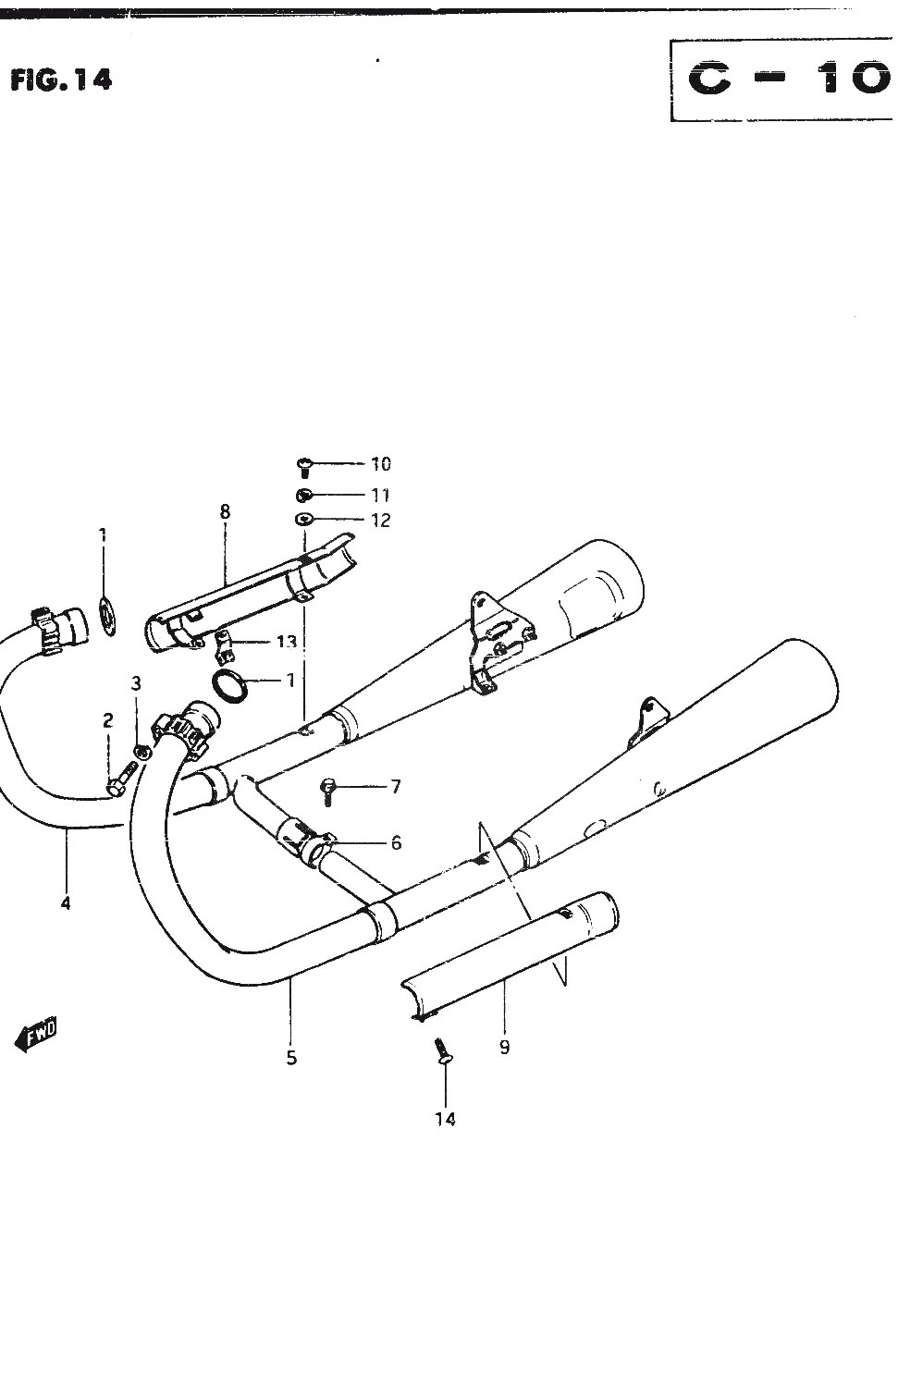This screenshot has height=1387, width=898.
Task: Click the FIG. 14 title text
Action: pyautogui.click(x=61, y=80)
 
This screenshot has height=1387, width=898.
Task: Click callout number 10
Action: pyautogui.click(x=381, y=464)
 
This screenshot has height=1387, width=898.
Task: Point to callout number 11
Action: pyautogui.click(x=380, y=496)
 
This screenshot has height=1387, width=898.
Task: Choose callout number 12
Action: pyautogui.click(x=381, y=521)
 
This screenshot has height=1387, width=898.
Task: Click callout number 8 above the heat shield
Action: pyautogui.click(x=225, y=511)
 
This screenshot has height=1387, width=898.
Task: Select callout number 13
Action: pyautogui.click(x=286, y=642)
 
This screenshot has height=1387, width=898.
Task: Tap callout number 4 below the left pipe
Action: pyautogui.click(x=66, y=903)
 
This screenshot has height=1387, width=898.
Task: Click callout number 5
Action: pyautogui.click(x=291, y=1058)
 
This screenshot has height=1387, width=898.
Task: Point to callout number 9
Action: pyautogui.click(x=505, y=1047)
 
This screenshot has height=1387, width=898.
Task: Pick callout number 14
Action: pyautogui.click(x=445, y=1119)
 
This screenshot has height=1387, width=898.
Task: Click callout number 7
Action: pyautogui.click(x=396, y=786)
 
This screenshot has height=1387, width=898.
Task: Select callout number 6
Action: pyautogui.click(x=397, y=842)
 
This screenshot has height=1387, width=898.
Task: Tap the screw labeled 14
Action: pyautogui.click(x=443, y=1050)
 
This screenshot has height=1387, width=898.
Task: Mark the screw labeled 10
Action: pyautogui.click(x=304, y=468)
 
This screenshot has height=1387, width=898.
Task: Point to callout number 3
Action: pyautogui.click(x=136, y=683)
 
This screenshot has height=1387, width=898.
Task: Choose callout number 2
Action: pyautogui.click(x=108, y=720)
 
